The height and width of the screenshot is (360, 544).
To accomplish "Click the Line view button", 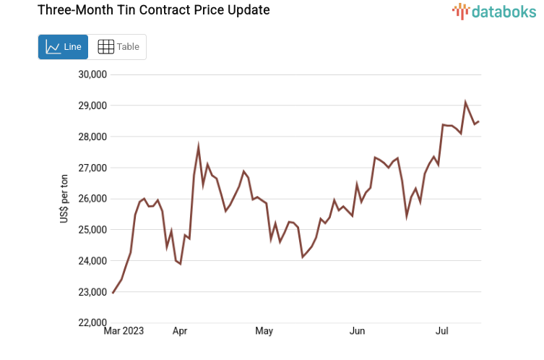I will [x=63, y=47].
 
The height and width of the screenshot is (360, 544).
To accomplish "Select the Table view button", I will [x=118, y=47].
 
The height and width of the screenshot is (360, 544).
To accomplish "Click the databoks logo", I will [x=495, y=12].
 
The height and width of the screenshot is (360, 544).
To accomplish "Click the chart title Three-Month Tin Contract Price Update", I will [x=143, y=10].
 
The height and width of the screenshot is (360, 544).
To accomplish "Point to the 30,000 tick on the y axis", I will [x=92, y=74].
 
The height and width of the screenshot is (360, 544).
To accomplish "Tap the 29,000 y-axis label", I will [x=92, y=106].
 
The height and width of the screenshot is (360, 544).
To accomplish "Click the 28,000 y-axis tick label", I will [x=92, y=137].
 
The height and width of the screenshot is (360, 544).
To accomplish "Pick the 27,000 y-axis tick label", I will [x=92, y=168].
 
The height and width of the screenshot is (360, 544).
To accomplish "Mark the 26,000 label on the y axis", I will [x=92, y=199].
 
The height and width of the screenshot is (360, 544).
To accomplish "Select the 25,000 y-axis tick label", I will [x=92, y=230].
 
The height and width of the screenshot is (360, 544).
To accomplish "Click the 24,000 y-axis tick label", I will [x=92, y=261].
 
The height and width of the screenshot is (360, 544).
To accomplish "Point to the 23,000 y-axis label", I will [x=92, y=292].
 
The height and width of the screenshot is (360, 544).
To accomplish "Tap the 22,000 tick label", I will [x=92, y=322].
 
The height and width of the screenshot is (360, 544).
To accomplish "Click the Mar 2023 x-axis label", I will [x=124, y=331].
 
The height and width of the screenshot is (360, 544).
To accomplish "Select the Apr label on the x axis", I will [x=180, y=331].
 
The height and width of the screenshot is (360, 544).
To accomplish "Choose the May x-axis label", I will [x=264, y=331].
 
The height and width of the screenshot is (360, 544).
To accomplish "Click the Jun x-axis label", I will [x=357, y=331].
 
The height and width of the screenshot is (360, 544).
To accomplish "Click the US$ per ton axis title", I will [x=64, y=199].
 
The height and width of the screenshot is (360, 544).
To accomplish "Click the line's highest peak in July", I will [x=465, y=103].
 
